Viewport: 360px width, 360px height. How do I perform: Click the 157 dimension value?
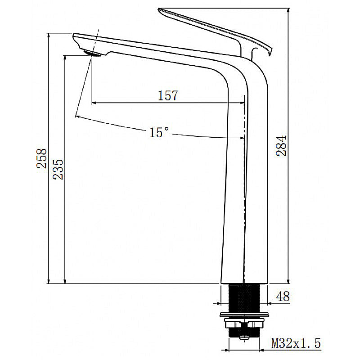tap(168, 95)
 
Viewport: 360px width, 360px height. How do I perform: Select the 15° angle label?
tap(159, 132)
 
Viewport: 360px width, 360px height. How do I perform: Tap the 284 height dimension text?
tap(281, 145)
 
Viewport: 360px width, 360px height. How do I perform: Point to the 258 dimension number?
tap(42, 158)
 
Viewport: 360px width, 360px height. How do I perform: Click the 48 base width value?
tap(283, 297)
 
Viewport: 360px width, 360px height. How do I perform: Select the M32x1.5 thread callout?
tap(296, 344)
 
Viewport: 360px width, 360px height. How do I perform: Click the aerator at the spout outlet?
tap(94, 54)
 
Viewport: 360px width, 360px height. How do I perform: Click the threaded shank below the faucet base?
tap(243, 297)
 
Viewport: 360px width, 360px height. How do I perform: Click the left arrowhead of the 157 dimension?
tap(94, 103)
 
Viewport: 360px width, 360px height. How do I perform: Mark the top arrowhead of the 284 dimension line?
tap(288, 10)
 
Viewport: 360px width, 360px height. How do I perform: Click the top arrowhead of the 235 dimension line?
tap(65, 58)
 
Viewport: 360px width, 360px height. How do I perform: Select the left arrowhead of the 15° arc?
tap(78, 117)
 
